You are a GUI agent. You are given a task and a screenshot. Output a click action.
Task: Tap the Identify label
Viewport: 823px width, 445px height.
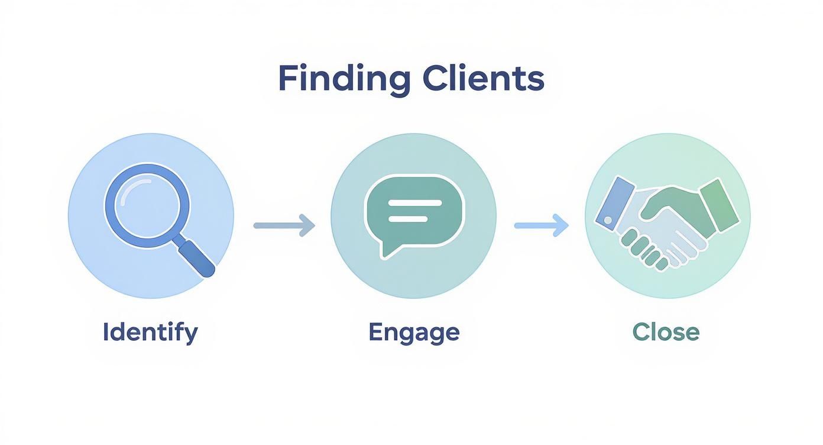[x=150, y=333]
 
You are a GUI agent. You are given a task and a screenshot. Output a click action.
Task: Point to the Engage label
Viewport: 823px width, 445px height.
[x=414, y=333]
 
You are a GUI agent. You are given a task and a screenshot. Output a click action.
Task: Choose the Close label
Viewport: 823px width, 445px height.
[x=666, y=332]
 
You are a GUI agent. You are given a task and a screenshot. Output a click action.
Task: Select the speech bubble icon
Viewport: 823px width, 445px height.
[x=414, y=213]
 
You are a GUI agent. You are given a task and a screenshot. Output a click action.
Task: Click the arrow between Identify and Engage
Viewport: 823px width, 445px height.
[x=284, y=225]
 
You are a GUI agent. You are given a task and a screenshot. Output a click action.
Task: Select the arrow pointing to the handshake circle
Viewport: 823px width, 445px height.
[x=541, y=225]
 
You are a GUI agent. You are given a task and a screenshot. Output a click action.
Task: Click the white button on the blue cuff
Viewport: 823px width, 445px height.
[x=608, y=220]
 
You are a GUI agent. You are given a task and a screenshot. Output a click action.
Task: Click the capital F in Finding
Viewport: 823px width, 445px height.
[x=287, y=79]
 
